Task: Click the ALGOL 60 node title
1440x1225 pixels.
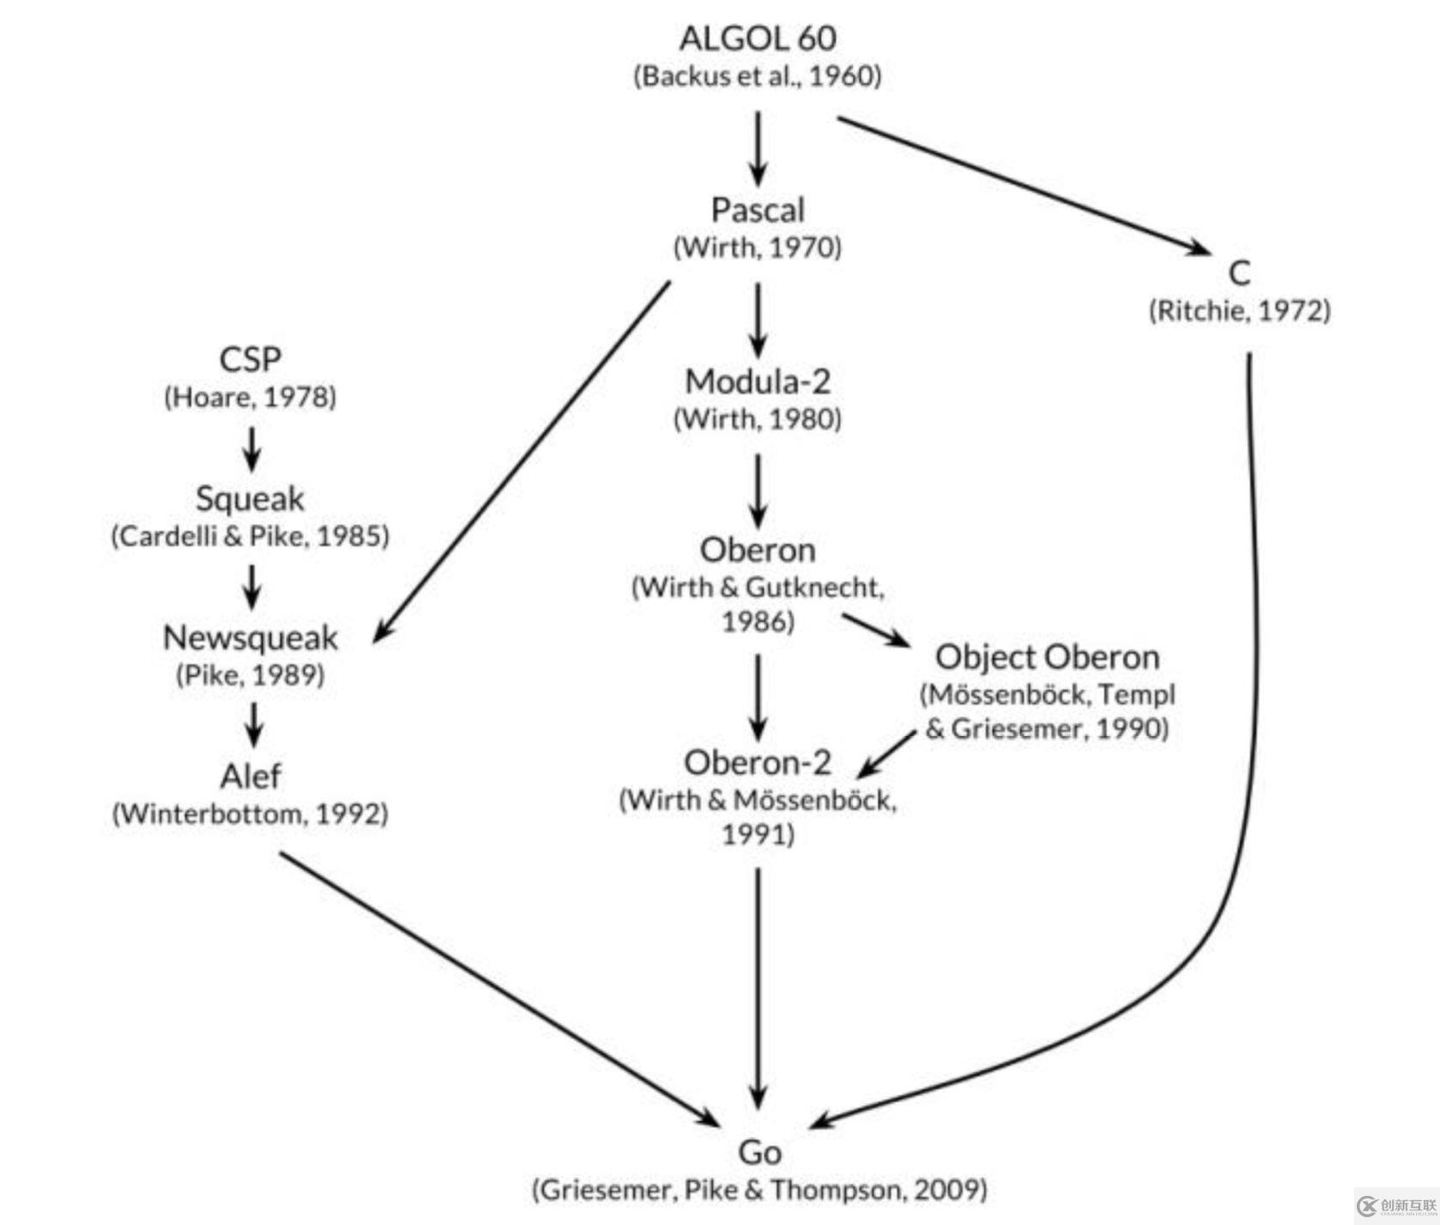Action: click(757, 38)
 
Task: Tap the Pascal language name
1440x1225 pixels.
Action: click(757, 210)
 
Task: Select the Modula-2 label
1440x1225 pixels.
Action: click(757, 381)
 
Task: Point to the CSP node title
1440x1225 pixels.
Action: click(250, 359)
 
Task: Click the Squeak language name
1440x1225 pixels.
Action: click(250, 498)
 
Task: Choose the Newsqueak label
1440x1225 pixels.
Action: click(250, 637)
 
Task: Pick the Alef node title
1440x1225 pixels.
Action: click(250, 776)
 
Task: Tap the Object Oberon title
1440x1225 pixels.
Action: click(1047, 657)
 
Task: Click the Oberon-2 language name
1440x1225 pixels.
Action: click(757, 762)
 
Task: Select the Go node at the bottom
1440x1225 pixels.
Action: click(760, 1152)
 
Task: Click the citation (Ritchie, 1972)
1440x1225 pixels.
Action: click(1240, 310)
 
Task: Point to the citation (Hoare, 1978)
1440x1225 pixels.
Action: click(250, 397)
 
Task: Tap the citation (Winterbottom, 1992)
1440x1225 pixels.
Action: click(250, 814)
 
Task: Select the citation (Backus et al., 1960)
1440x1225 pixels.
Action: click(757, 76)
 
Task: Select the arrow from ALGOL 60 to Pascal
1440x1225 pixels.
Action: click(757, 148)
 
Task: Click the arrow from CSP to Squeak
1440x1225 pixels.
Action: click(251, 448)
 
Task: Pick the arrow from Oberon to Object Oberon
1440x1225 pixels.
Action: click(875, 630)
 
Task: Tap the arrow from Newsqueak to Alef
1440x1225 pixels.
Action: click(253, 724)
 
